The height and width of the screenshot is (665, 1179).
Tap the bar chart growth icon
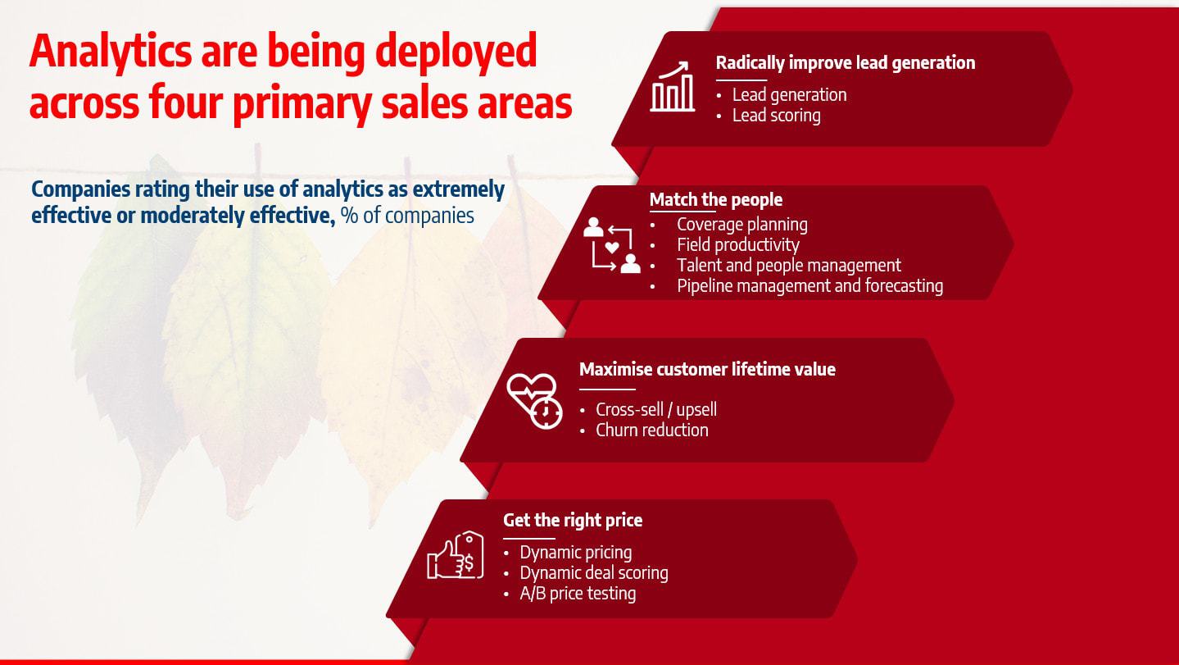pos(672,86)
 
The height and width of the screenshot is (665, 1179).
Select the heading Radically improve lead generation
pos(846,62)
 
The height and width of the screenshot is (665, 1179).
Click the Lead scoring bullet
pos(777,116)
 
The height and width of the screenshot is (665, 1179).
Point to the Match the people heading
pos(716,200)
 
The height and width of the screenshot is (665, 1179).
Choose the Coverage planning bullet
pos(742,225)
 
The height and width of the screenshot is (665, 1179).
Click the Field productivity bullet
pos(738,245)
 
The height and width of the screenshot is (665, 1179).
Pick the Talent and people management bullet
pos(789,265)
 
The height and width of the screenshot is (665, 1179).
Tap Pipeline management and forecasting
pos(810,285)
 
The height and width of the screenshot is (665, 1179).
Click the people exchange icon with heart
pos(611,245)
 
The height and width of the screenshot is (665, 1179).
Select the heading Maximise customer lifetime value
pos(707,369)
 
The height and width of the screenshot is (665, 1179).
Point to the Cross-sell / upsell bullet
pos(655,409)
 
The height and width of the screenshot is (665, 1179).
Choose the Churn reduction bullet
pos(652,430)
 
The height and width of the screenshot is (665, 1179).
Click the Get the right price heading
pos(573,520)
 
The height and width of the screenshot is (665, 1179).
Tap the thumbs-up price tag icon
pos(456,555)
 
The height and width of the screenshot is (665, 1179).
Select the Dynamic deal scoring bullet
pos(594,573)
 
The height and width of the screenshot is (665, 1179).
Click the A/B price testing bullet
pos(578,594)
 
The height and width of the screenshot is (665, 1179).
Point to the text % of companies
pos(407,216)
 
